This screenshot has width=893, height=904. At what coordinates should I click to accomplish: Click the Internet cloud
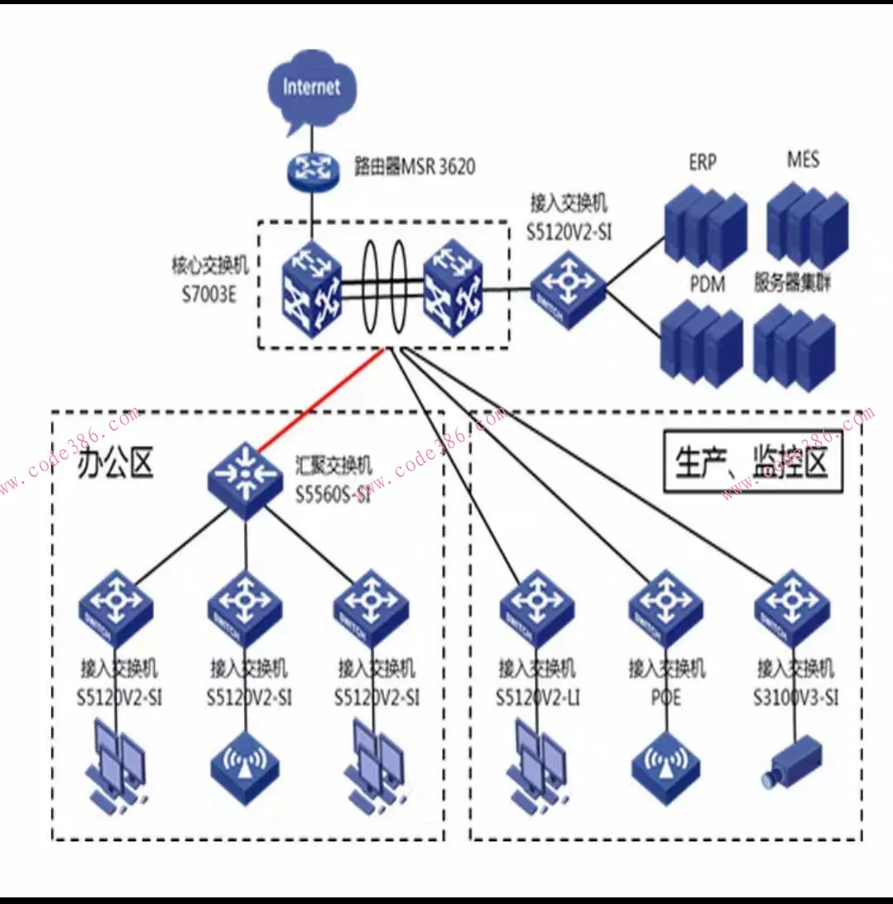[x=312, y=92]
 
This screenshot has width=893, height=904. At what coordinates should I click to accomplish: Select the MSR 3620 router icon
[x=313, y=169]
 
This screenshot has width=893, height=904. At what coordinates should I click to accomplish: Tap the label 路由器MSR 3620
[x=415, y=167]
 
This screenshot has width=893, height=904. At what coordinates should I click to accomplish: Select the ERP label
[x=703, y=162]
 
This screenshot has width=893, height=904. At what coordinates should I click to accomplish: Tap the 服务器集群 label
[x=793, y=284]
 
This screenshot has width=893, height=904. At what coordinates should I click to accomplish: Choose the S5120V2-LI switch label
[x=538, y=683]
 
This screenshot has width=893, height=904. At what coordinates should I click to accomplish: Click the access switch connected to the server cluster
[x=569, y=290]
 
